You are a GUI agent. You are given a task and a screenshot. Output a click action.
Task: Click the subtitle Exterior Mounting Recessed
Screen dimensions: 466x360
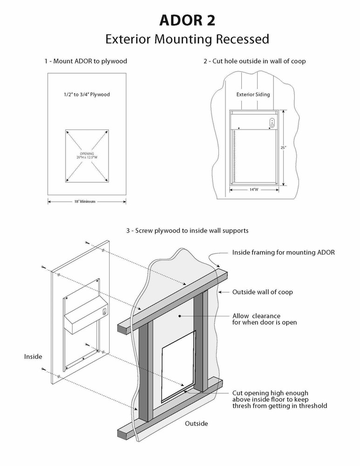point(187,39)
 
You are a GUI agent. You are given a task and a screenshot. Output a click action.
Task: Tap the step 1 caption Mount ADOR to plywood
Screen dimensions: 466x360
point(86,61)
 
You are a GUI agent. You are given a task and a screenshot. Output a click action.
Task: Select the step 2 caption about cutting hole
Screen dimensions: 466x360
point(254,61)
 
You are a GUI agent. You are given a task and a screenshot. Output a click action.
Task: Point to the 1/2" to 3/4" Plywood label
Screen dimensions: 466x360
point(87,95)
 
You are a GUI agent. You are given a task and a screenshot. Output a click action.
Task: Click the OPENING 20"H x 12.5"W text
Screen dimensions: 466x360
point(87,155)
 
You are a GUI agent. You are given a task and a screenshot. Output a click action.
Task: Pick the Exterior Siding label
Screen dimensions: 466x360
point(253,95)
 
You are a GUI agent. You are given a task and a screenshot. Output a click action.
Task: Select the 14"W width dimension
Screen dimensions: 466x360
point(254,190)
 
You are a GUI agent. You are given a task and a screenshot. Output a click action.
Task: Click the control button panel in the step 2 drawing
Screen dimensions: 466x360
point(272,123)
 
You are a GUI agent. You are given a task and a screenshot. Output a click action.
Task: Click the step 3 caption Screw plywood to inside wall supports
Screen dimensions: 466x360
point(187,230)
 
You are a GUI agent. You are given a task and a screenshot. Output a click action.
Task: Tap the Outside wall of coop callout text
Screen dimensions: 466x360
point(262,292)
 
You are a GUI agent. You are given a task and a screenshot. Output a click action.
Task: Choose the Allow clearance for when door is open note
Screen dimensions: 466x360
point(265,319)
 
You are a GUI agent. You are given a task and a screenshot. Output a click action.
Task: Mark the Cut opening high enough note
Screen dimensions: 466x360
point(279,399)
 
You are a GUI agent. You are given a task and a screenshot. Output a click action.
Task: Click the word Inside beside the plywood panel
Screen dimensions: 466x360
point(33,356)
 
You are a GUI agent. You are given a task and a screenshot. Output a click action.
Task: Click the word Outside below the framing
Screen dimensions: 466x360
point(197,424)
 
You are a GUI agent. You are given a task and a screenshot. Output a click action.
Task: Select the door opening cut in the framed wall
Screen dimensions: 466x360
point(178,368)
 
